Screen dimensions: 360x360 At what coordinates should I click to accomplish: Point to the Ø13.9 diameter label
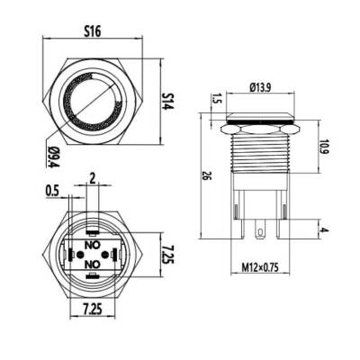click(260, 88)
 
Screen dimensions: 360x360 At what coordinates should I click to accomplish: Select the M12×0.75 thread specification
click(261, 267)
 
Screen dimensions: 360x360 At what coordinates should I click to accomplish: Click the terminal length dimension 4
click(323, 232)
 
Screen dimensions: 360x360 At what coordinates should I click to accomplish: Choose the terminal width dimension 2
click(92, 177)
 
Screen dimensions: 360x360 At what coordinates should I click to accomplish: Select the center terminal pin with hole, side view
click(260, 237)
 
